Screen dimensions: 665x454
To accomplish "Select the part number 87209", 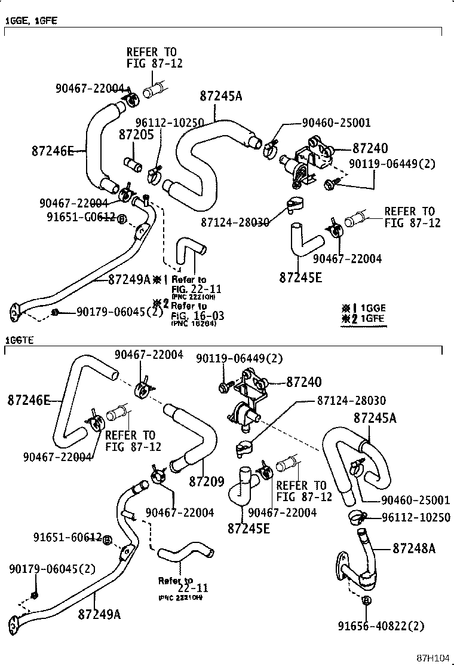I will (x=207, y=480).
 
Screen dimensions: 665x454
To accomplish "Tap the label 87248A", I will (x=414, y=547).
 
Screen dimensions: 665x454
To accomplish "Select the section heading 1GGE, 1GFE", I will (x=31, y=21).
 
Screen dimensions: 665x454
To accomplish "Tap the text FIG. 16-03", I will (x=189, y=315).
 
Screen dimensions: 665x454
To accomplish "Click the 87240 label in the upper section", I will (x=370, y=148).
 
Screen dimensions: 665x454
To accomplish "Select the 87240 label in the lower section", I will (x=303, y=382).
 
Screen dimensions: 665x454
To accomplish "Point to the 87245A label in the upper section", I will (x=221, y=96).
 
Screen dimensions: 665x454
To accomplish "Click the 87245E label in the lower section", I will (x=249, y=528).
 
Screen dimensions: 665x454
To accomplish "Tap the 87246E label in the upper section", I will (x=53, y=151).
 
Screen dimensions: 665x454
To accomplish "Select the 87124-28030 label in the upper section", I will (x=235, y=222).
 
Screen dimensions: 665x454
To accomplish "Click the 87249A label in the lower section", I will (x=99, y=614).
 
